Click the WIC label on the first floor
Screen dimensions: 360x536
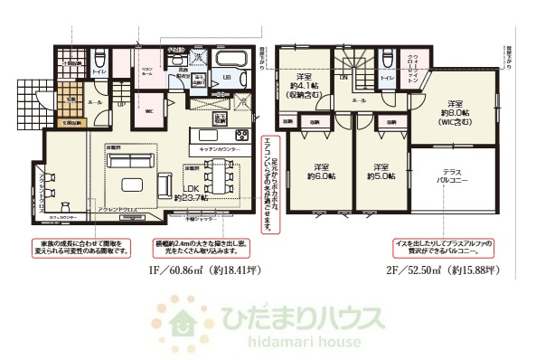[x=148, y=111]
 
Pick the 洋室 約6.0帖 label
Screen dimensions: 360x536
[x=319, y=172]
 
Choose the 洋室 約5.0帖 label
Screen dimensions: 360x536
[x=381, y=172]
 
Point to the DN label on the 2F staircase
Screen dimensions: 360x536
[x=343, y=79]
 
